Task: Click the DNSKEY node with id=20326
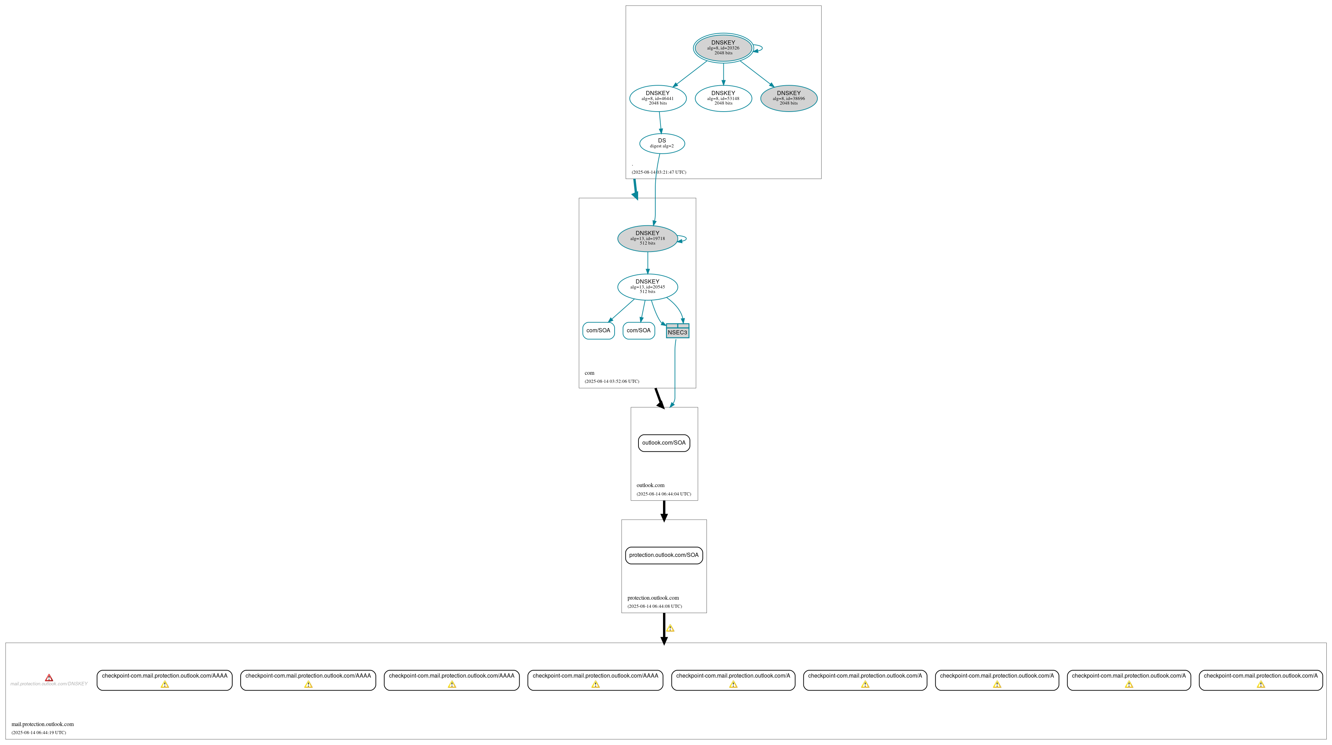tap(723, 48)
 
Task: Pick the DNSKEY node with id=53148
tap(723, 98)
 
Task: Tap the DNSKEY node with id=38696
tap(789, 98)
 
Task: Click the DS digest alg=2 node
tap(662, 143)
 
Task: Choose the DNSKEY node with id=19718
tap(647, 239)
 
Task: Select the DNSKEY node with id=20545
tap(647, 287)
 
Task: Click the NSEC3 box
tap(677, 331)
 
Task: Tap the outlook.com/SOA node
tap(664, 443)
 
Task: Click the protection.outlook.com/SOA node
tap(664, 555)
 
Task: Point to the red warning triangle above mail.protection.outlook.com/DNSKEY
tap(49, 678)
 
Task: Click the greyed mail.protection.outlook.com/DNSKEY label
tap(49, 684)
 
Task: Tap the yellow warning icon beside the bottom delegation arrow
tap(670, 628)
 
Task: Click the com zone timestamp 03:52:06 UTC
tap(612, 381)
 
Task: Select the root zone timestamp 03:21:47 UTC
tap(659, 172)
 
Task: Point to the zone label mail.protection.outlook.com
tap(42, 724)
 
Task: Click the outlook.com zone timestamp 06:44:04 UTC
tap(663, 494)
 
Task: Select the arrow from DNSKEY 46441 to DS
tap(660, 122)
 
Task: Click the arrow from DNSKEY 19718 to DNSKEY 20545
tap(647, 263)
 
